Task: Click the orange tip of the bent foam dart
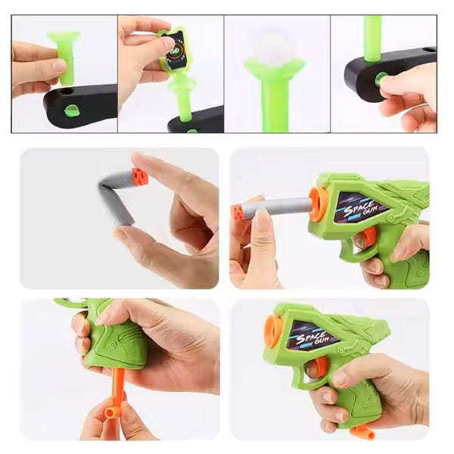point(140,176)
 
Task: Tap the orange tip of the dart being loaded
point(237,212)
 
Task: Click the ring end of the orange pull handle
point(110,412)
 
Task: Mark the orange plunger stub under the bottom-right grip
point(362,432)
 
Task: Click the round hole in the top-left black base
point(67,92)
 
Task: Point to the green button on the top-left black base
point(72,111)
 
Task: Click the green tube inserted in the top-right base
point(373,39)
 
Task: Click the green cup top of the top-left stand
point(64,36)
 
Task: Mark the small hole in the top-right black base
point(428,50)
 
